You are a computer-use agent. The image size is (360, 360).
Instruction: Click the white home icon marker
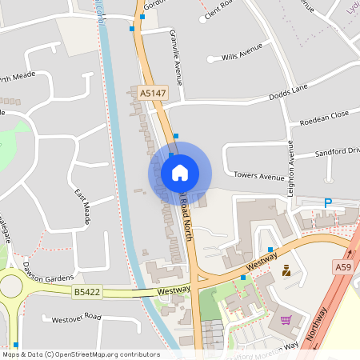point(180,173)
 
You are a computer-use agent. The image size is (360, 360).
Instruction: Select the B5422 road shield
point(87,292)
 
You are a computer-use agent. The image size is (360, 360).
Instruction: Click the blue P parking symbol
point(327,204)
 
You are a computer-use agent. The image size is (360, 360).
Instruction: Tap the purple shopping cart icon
point(286,320)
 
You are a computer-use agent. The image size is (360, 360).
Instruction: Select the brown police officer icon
point(286,272)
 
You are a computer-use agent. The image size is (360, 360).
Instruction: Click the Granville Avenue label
point(175,58)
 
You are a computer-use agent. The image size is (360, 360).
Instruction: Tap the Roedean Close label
point(323,118)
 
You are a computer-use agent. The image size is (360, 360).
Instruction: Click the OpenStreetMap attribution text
point(80,354)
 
